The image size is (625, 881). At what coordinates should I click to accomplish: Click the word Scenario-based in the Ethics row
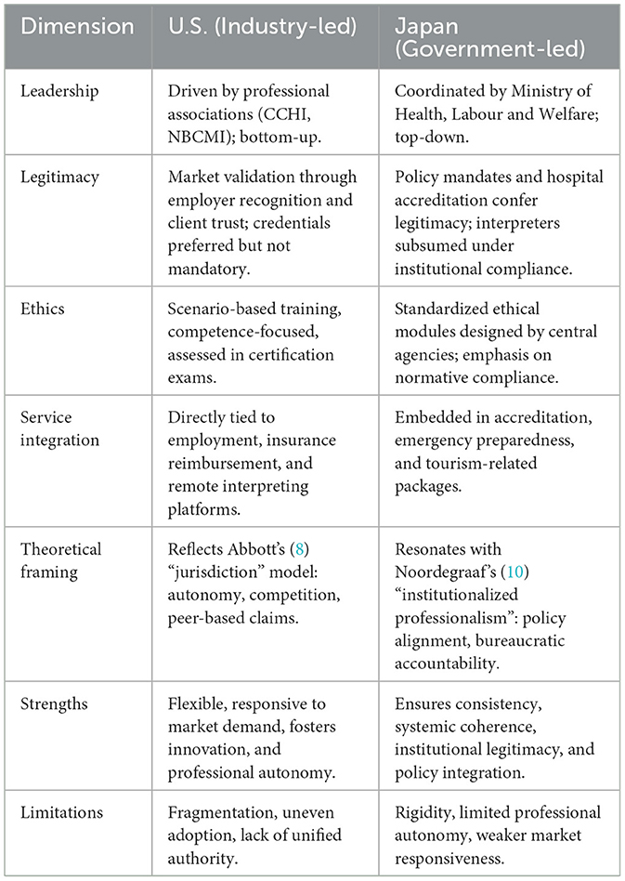(223, 309)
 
